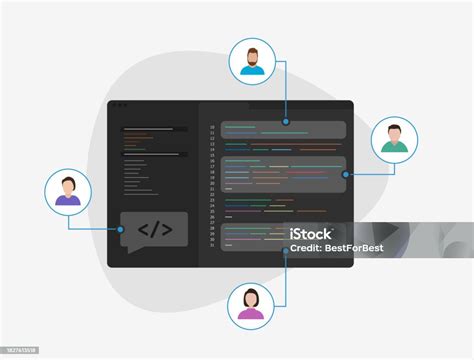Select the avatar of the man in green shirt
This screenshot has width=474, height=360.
point(394,139)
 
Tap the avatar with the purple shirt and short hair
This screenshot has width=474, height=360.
point(68,191)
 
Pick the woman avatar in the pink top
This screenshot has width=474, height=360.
point(252,303)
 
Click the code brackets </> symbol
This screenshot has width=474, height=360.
point(154,231)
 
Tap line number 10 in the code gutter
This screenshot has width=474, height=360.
point(212,127)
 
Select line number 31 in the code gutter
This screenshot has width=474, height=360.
point(212,245)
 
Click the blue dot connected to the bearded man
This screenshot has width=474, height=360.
point(286,121)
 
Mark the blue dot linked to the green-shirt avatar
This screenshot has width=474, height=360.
point(346,174)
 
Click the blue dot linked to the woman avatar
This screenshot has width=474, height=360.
point(285,250)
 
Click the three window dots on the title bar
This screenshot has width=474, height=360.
point(118,105)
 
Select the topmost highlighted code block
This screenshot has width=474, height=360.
point(284,129)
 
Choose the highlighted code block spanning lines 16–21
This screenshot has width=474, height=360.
point(284,173)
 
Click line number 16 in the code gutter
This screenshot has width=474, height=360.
point(212,160)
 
